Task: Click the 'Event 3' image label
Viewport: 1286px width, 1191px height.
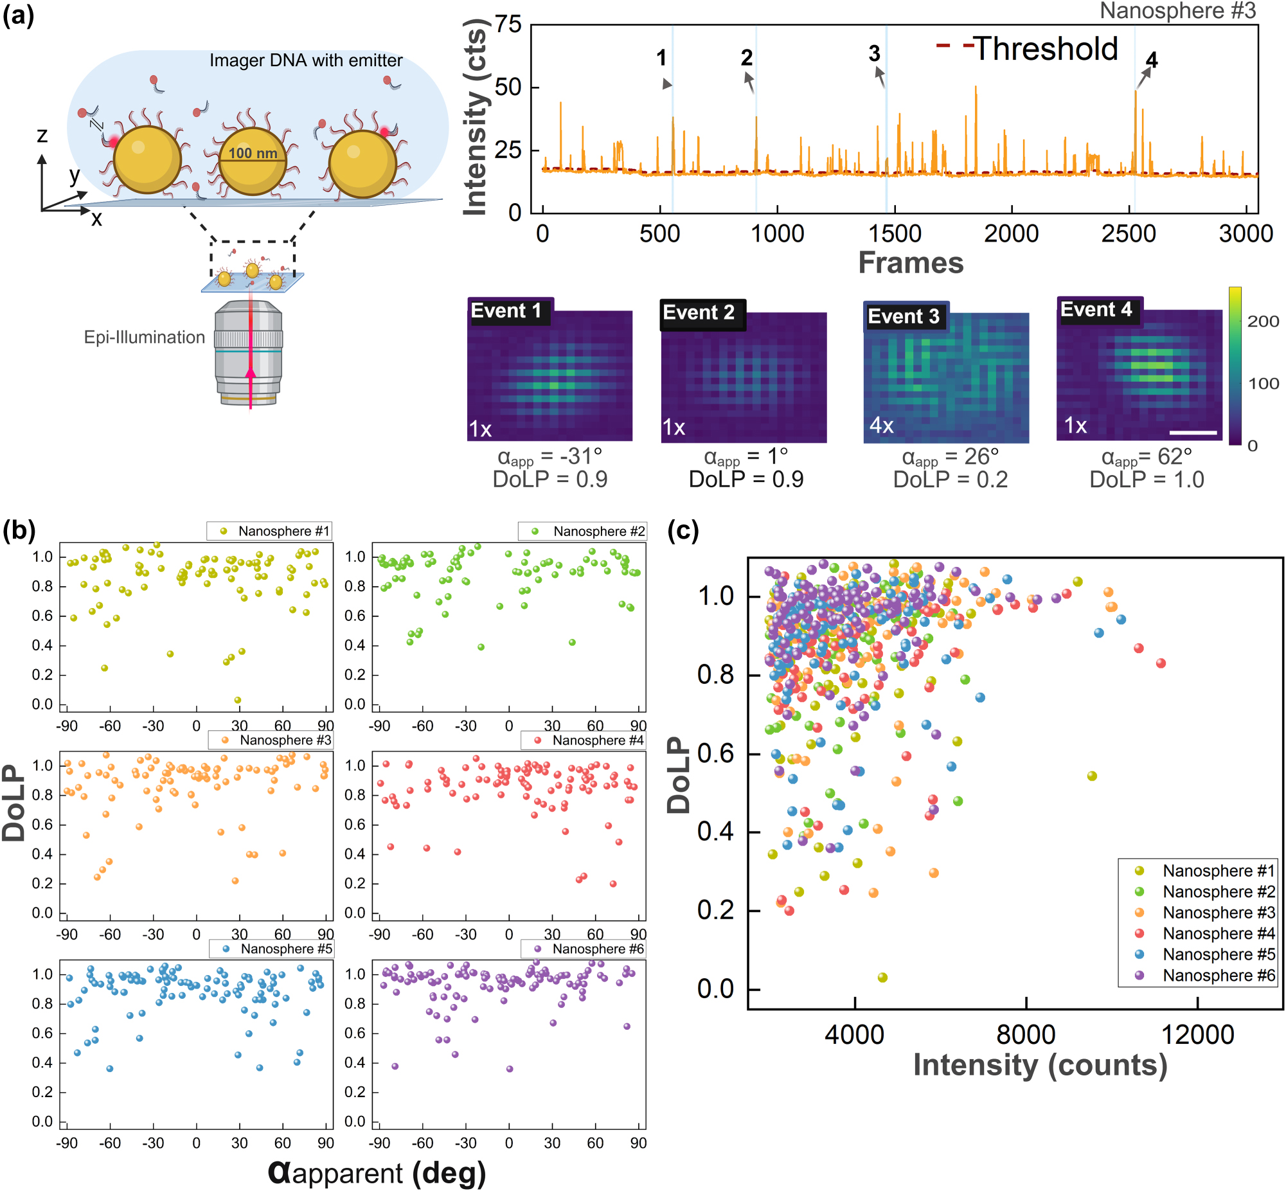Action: coord(904,316)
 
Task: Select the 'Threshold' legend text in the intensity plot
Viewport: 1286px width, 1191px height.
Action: coord(1045,49)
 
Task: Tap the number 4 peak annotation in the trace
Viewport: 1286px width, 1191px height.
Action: coord(1151,60)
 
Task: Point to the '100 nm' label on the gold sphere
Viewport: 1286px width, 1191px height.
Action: coord(253,154)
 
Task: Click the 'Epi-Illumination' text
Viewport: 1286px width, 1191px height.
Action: coord(145,337)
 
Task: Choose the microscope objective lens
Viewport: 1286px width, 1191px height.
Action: coord(249,351)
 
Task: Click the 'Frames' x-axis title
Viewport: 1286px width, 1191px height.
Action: coord(911,262)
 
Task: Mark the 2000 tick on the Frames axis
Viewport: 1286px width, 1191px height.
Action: coord(1011,233)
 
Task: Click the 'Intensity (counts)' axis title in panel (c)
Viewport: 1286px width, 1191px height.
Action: coord(1040,1064)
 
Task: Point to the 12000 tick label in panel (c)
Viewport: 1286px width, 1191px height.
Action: coord(1197,1034)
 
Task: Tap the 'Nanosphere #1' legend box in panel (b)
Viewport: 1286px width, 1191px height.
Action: coord(269,531)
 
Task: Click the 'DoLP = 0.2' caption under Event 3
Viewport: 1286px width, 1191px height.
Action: coord(950,479)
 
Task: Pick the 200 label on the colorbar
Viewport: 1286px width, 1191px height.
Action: coord(1263,321)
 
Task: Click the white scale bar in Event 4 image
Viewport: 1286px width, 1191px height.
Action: coord(1193,433)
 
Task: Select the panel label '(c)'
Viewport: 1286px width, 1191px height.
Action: coord(683,530)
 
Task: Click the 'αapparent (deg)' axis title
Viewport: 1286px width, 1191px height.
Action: coord(376,1172)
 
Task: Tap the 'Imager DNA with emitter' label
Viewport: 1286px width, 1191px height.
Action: coord(305,60)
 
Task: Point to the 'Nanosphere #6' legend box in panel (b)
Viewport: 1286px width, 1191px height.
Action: coord(583,949)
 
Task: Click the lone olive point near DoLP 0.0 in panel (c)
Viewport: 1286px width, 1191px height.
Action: coord(882,978)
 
